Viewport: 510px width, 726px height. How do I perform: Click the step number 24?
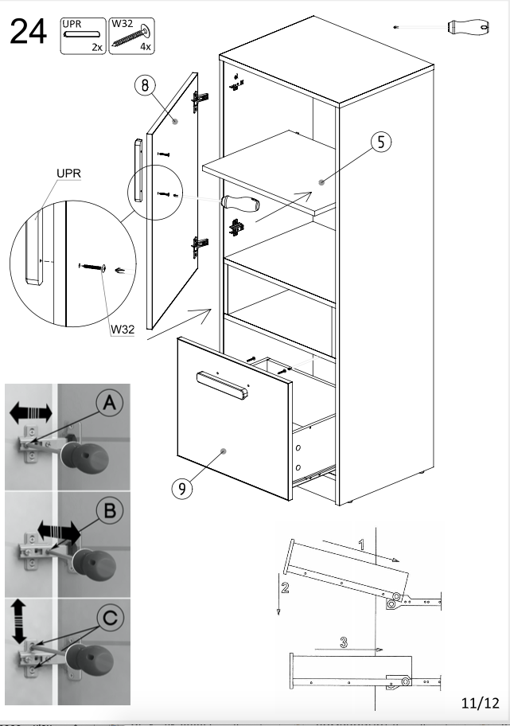28,33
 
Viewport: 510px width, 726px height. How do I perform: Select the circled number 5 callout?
380,142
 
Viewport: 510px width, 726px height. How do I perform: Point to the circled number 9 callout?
182,487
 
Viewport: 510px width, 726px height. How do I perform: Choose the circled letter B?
110,510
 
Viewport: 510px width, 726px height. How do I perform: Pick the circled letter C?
110,617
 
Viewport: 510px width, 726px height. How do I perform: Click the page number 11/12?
480,702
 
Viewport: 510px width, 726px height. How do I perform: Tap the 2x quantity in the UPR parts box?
97,48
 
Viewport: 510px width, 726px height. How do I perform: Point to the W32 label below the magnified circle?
121,327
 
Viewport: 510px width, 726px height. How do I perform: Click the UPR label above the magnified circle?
68,173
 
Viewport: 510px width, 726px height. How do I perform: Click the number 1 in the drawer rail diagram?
361,545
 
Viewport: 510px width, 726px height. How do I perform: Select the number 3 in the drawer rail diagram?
343,642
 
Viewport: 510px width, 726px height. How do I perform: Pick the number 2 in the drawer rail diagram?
285,589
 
